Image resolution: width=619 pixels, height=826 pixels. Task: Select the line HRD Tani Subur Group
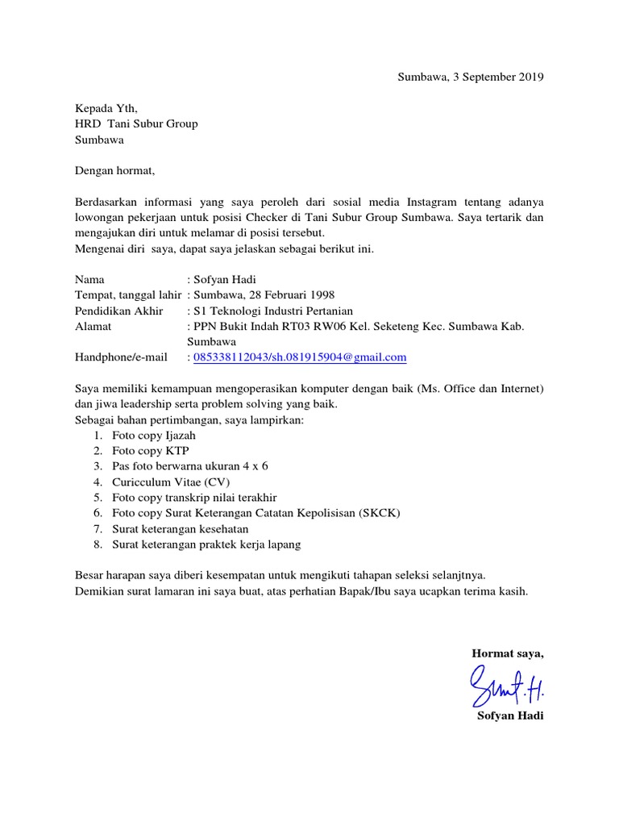tap(136, 124)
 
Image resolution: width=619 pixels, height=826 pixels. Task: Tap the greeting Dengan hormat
tap(114, 171)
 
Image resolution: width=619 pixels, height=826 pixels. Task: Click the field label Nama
tap(90, 280)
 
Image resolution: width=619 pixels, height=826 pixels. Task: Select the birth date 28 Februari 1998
tap(285, 295)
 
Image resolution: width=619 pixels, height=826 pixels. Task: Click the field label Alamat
tap(93, 326)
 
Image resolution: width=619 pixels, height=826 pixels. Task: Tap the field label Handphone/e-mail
tap(121, 357)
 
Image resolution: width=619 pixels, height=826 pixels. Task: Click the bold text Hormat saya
tap(508, 653)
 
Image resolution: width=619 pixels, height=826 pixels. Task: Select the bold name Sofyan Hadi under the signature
tap(510, 716)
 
